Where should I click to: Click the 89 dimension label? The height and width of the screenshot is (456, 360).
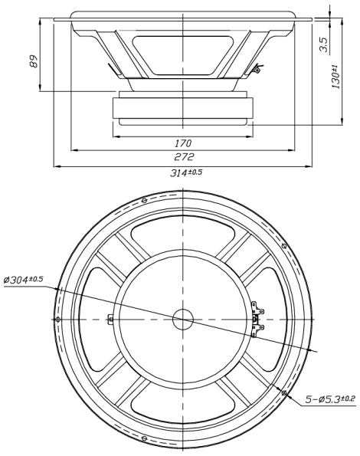tap(34, 61)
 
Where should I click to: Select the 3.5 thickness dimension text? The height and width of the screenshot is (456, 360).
tap(324, 44)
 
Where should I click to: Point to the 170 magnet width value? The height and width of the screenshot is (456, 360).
tap(183, 143)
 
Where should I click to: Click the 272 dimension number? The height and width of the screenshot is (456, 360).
tap(184, 157)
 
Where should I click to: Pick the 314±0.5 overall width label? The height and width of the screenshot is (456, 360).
tap(186, 173)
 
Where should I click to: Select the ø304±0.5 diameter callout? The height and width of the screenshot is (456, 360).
tap(23, 280)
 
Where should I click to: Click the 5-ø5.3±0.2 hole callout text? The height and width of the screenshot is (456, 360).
tap(330, 399)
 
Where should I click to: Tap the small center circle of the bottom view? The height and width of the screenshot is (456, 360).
tap(183, 320)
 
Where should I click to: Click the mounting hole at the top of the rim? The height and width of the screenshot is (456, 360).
tap(144, 200)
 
